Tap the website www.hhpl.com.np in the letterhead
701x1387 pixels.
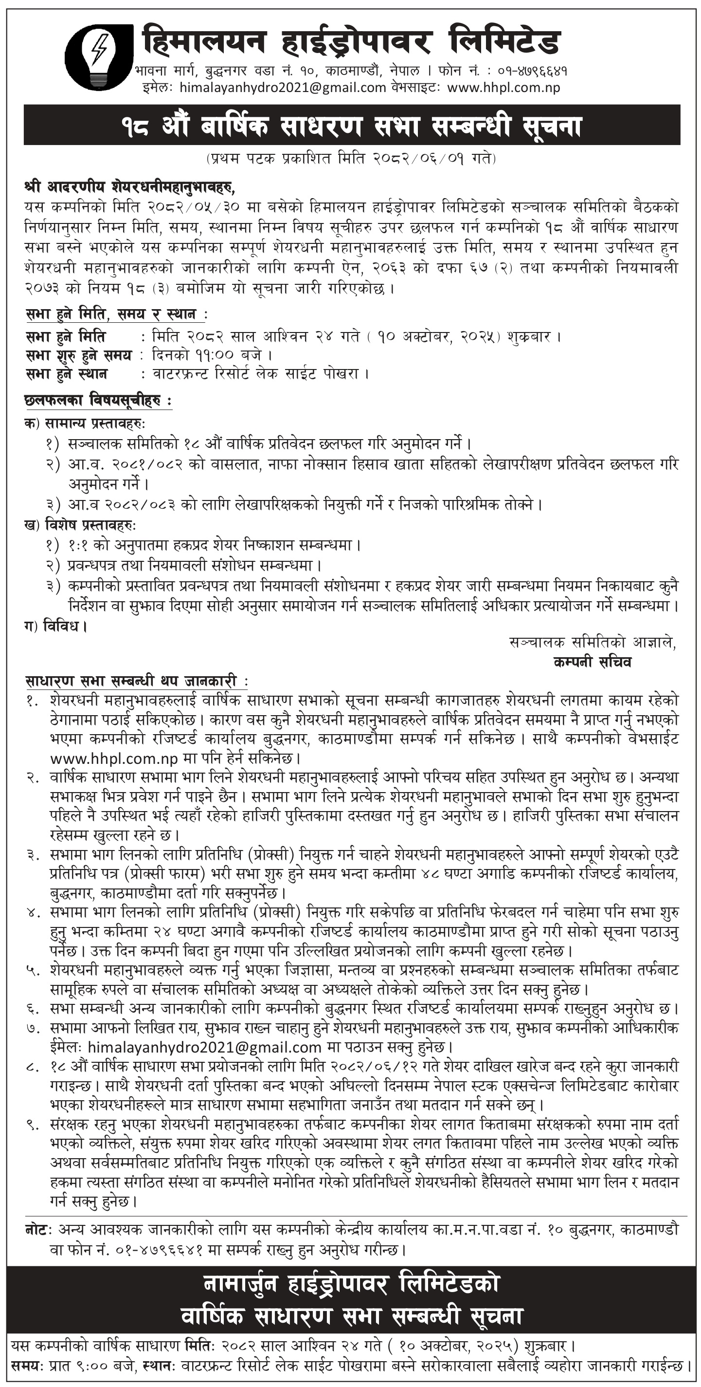click(503, 88)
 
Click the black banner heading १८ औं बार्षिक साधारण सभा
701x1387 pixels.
click(351, 126)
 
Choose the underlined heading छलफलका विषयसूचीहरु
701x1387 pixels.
click(98, 401)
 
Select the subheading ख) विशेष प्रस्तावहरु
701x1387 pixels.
click(80, 524)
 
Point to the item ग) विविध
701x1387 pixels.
click(55, 626)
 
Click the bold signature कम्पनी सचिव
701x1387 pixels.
click(592, 662)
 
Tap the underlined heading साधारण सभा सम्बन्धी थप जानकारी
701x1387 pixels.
click(136, 681)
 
